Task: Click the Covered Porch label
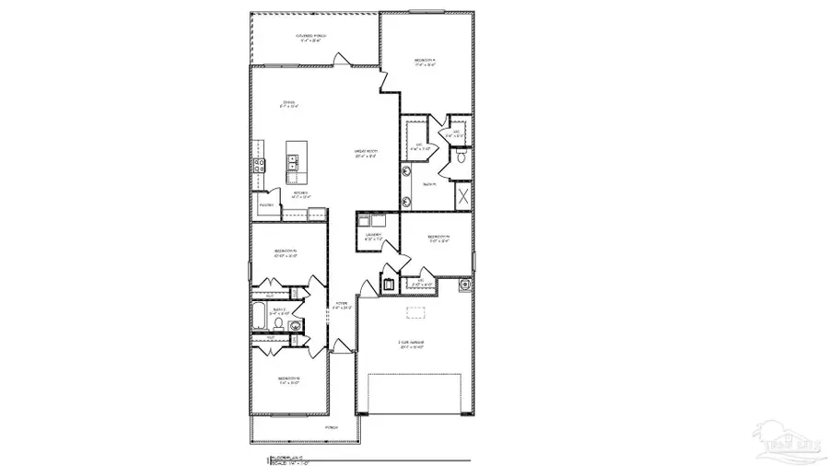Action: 312,37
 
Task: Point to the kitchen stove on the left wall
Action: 259,165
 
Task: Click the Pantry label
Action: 266,204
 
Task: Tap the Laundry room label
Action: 374,236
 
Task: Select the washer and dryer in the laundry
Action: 374,221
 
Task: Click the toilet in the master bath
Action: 460,157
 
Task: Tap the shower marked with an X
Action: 463,195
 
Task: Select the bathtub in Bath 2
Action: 260,318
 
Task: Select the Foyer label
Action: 341,304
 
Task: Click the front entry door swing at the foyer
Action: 343,346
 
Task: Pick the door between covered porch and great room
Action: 343,60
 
